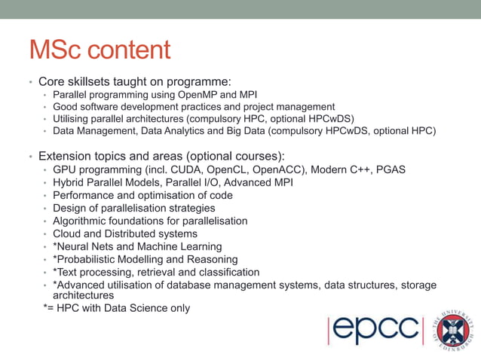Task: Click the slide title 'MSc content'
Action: (100, 51)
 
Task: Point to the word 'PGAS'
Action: (391, 169)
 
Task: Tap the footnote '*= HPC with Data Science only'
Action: (117, 308)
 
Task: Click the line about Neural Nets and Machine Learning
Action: (137, 246)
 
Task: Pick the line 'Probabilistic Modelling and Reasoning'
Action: (147, 259)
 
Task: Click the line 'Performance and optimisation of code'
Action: (142, 195)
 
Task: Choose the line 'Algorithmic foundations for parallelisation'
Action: (150, 221)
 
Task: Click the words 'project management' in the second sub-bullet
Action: (289, 106)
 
